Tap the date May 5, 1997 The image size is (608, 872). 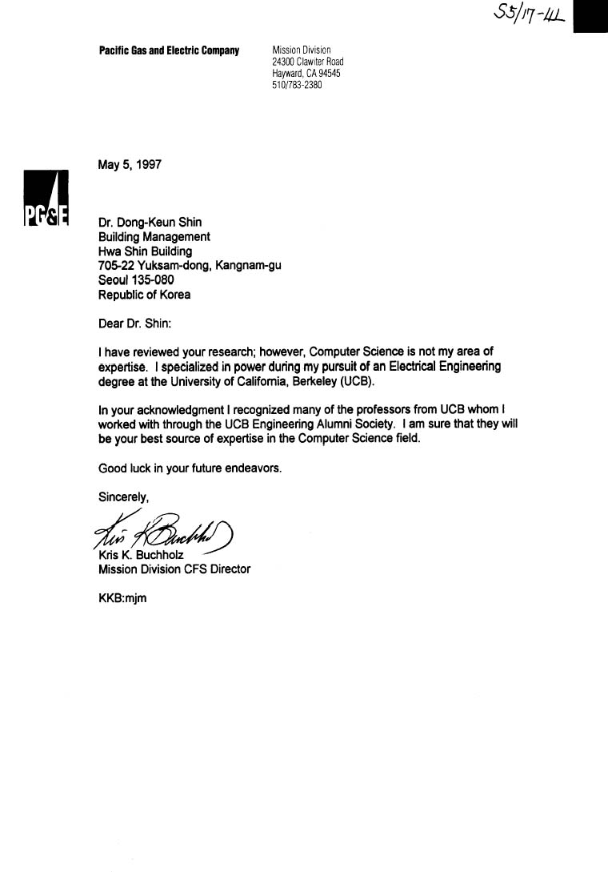point(130,165)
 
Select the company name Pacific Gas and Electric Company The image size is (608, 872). point(169,51)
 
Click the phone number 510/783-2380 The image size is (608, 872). point(297,85)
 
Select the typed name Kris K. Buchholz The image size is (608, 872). point(140,555)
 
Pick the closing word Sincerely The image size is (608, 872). point(124,496)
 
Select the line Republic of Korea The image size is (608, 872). point(144,295)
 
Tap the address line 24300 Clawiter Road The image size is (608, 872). point(308,62)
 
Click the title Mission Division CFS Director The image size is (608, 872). point(174,569)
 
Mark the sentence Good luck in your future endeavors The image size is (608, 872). point(190,468)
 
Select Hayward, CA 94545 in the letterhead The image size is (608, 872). point(306,73)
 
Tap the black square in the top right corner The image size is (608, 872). point(592,16)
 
